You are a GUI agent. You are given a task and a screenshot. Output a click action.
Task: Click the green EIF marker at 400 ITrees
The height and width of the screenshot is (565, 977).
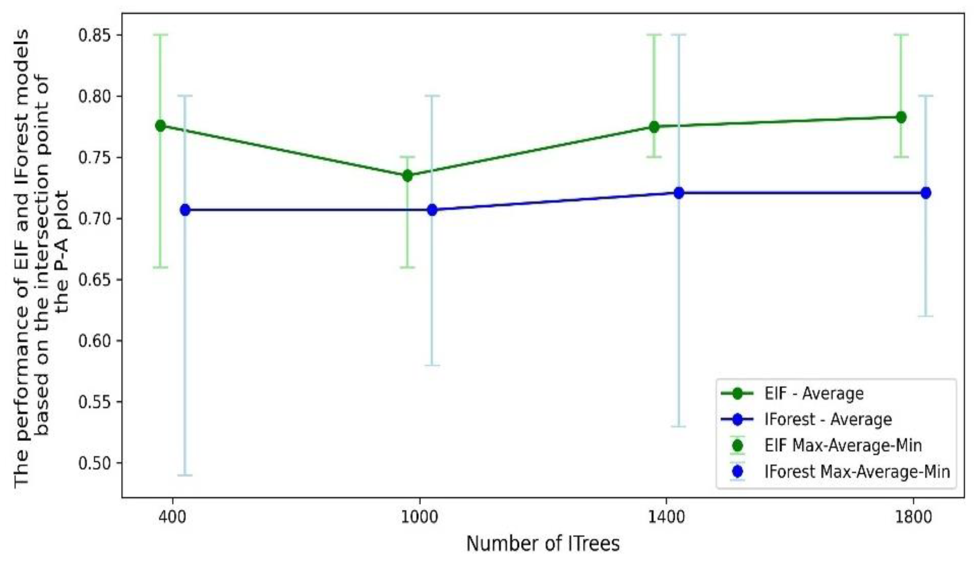pyautogui.click(x=160, y=126)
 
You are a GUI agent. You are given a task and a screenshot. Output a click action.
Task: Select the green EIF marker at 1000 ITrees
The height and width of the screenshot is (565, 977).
pyautogui.click(x=407, y=176)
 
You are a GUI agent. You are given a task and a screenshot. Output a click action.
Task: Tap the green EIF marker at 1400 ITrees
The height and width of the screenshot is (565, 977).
pyautogui.click(x=654, y=127)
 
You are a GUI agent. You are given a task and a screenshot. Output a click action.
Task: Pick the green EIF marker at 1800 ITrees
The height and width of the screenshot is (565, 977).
pyautogui.click(x=901, y=117)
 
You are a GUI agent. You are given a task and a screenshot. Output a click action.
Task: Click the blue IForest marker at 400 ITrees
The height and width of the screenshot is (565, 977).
pyautogui.click(x=185, y=210)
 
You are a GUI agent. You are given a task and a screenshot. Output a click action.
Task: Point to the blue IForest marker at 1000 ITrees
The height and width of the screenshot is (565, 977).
pyautogui.click(x=432, y=210)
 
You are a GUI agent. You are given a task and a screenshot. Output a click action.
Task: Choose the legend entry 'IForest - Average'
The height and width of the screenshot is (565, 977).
pyautogui.click(x=828, y=420)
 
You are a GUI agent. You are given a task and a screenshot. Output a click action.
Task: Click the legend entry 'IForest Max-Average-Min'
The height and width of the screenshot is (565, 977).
pyautogui.click(x=857, y=472)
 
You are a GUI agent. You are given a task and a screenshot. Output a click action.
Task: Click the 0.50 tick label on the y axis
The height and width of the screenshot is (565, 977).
pyautogui.click(x=95, y=463)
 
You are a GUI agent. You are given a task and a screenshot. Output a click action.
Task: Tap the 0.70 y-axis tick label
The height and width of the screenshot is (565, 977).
pyautogui.click(x=95, y=219)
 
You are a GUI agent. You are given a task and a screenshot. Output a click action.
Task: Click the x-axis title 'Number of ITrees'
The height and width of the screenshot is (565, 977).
pyautogui.click(x=543, y=544)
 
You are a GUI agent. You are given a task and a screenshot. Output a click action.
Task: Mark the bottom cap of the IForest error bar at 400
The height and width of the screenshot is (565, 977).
pyautogui.click(x=185, y=475)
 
